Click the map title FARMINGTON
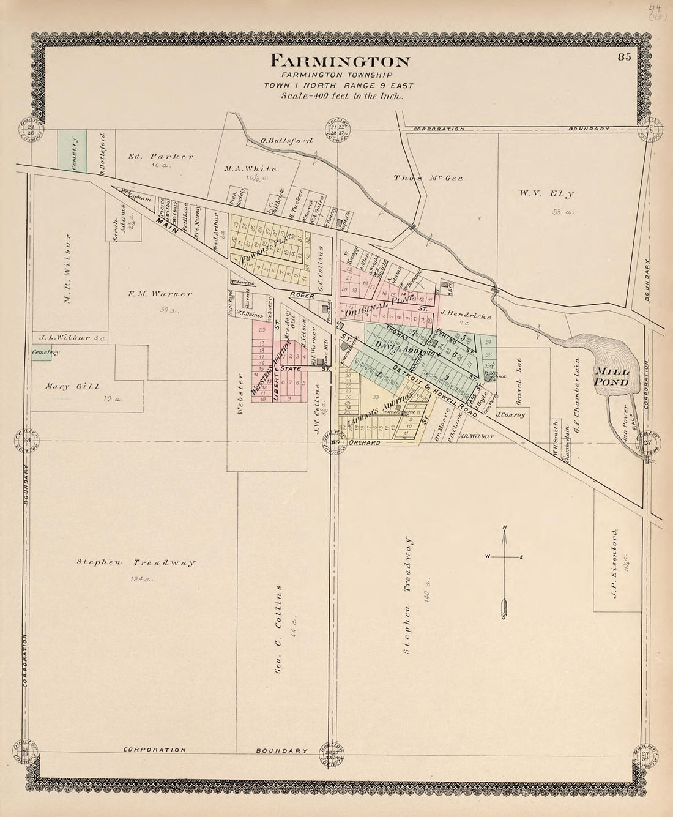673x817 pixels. coord(340,61)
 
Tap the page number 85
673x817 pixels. coord(623,58)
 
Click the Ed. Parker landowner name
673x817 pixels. coord(161,157)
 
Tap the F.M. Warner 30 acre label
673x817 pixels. coord(160,294)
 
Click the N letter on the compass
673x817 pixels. coord(504,528)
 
